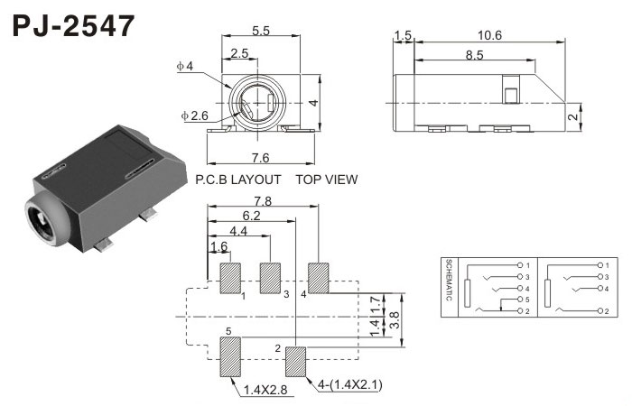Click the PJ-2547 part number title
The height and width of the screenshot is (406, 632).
click(x=74, y=26)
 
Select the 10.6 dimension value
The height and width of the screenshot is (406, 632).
click(x=489, y=35)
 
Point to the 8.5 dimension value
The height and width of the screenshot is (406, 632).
click(x=474, y=55)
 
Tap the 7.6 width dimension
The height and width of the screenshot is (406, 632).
click(x=260, y=158)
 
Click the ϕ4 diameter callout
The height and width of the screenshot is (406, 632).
click(x=185, y=66)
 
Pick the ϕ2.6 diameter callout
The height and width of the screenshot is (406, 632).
click(x=195, y=116)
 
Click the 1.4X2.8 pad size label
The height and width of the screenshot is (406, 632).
click(x=265, y=390)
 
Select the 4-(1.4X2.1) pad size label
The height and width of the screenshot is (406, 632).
click(x=349, y=384)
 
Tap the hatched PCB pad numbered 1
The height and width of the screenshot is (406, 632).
click(x=230, y=278)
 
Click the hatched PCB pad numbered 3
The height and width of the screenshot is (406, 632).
click(x=270, y=278)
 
